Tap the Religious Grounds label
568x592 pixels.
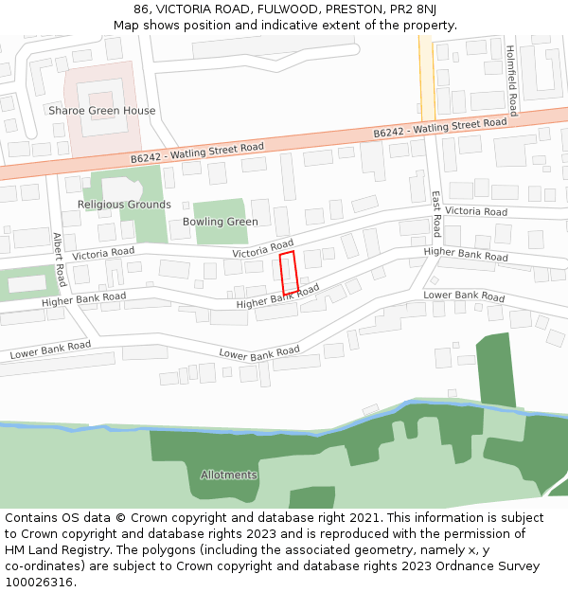pyautogui.click(x=124, y=205)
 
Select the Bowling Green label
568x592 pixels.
pyautogui.click(x=221, y=222)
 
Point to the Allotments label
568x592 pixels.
pyautogui.click(x=228, y=475)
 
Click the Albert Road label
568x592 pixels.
pyautogui.click(x=60, y=260)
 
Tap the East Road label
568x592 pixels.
pyautogui.click(x=436, y=214)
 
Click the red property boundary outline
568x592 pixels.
pyautogui.click(x=290, y=273)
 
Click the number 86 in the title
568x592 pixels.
pyautogui.click(x=143, y=9)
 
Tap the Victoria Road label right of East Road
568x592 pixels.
pyautogui.click(x=476, y=211)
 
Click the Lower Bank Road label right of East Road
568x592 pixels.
pyautogui.click(x=464, y=296)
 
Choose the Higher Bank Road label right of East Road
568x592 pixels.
pyautogui.click(x=466, y=254)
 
